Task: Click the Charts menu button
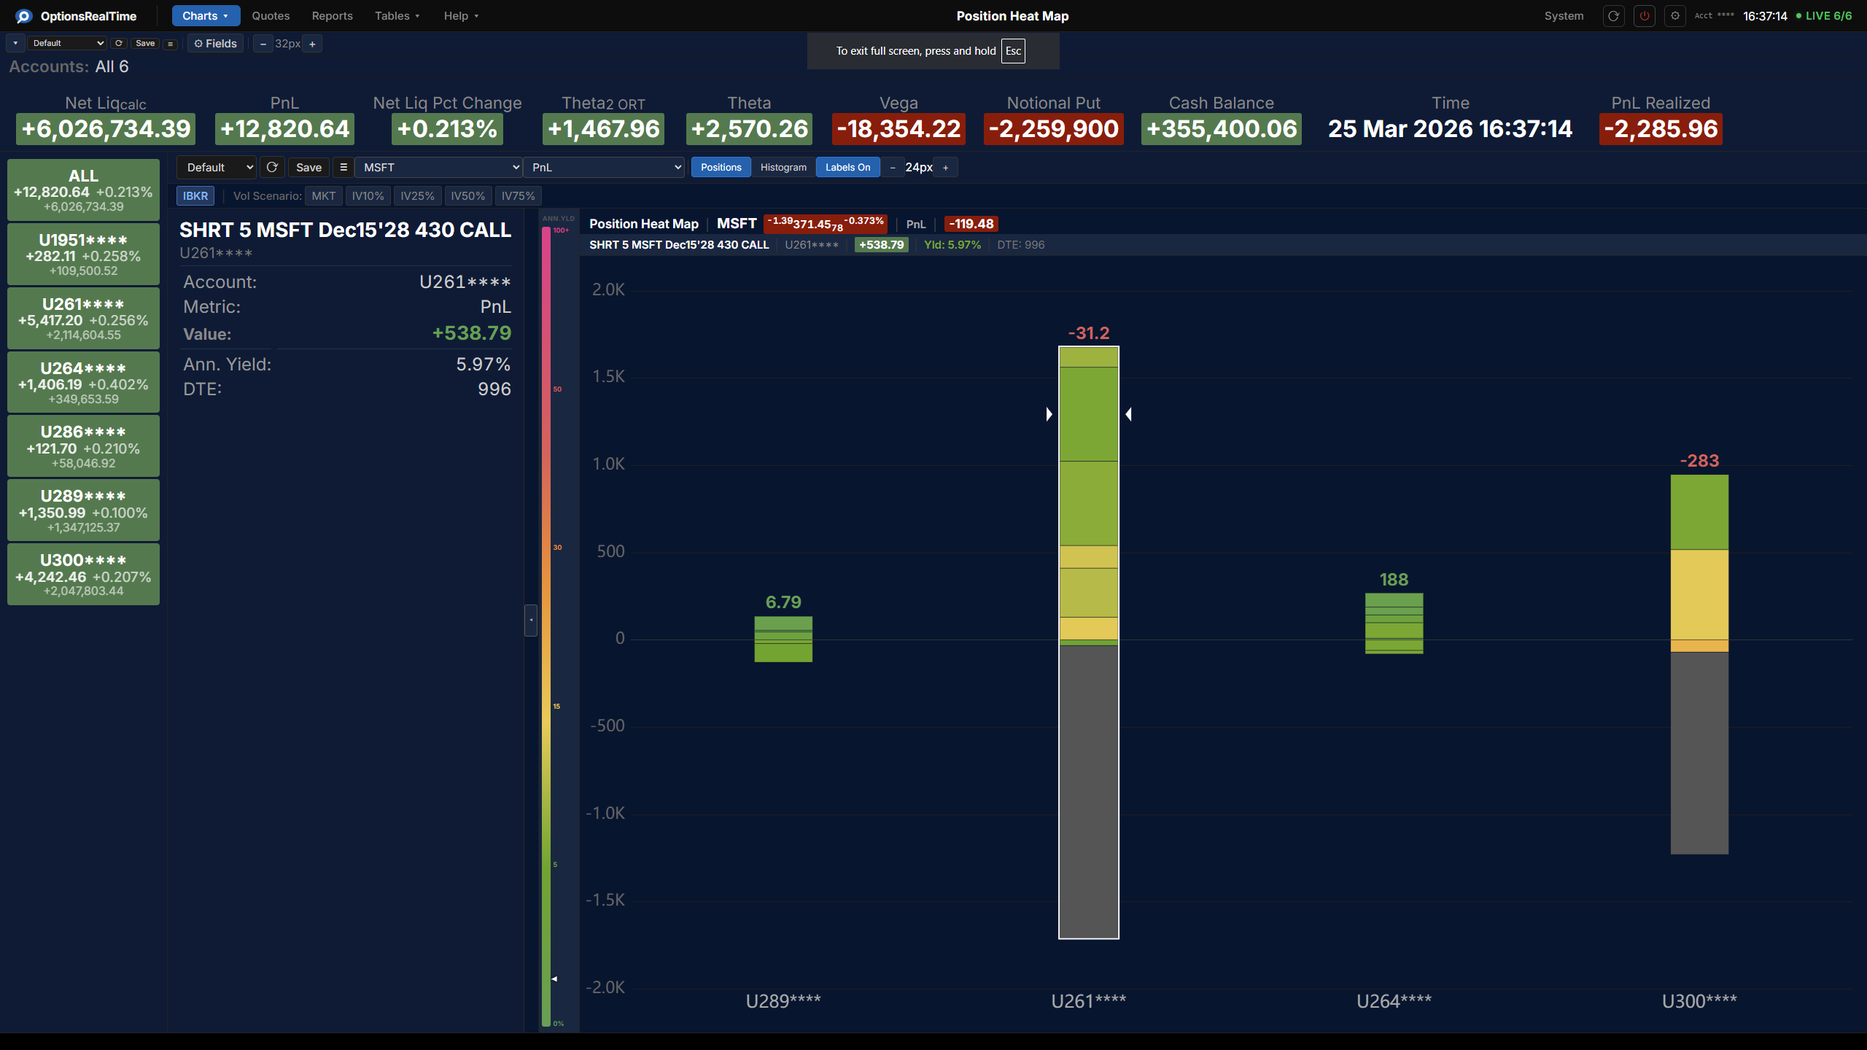coord(205,16)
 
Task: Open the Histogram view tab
coord(783,168)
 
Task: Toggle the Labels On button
coord(847,168)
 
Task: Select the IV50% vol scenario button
coord(467,196)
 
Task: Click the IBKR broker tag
coord(195,196)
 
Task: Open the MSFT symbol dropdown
coord(439,168)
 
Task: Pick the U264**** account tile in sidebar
coord(83,382)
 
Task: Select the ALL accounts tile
coord(83,190)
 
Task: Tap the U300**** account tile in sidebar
coord(83,574)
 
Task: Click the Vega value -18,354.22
coord(898,129)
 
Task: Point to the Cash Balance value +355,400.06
coord(1222,129)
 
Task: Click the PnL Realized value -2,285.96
coord(1661,129)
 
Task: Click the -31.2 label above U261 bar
coord(1089,333)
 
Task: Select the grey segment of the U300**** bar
coord(1699,751)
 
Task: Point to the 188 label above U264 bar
coord(1394,580)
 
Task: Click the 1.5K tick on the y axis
coord(609,377)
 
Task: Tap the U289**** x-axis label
coord(783,1001)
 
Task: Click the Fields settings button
coord(215,44)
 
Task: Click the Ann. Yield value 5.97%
coord(484,365)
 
